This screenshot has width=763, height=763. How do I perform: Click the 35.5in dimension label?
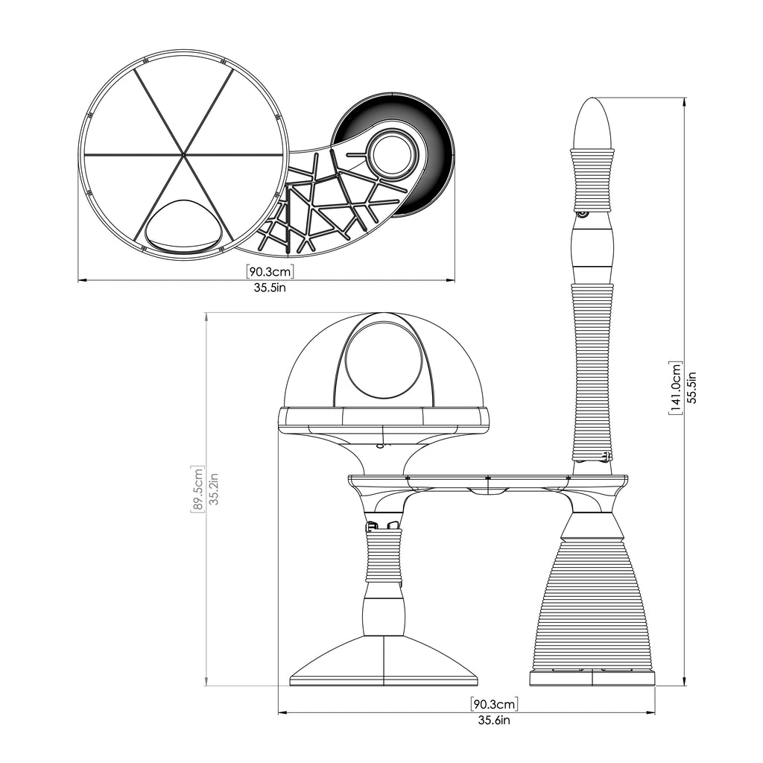[270, 288]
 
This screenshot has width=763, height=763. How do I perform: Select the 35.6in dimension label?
[494, 721]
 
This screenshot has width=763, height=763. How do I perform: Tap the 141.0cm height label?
[676, 387]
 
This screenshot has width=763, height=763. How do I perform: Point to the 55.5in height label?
[692, 387]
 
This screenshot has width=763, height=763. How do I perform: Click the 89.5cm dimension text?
[197, 489]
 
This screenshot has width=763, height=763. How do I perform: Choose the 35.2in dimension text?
[214, 489]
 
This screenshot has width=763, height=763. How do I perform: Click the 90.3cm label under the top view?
[270, 271]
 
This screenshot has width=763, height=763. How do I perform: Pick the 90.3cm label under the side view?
[495, 703]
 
